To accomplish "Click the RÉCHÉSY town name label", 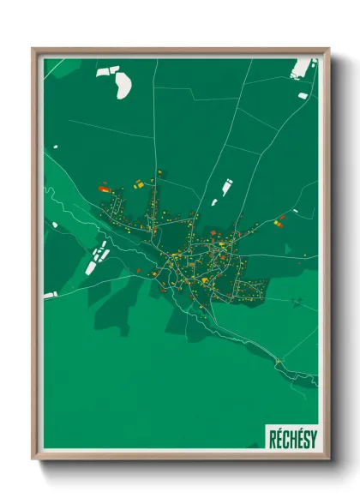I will click(292, 435).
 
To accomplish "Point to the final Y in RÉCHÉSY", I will click(311, 435).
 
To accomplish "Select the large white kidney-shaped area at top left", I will click(123, 83).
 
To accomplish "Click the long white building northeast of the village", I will click(227, 184).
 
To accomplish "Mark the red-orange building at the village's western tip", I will click(104, 188).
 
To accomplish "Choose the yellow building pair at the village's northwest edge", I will click(137, 183).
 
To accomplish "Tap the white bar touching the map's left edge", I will click(50, 295).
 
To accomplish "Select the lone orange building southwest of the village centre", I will click(139, 270).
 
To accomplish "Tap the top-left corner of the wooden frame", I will click(33, 49).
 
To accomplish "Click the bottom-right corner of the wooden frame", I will click(328, 460).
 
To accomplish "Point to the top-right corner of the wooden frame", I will click(328, 49).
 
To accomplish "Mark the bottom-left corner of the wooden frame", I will click(33, 460).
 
